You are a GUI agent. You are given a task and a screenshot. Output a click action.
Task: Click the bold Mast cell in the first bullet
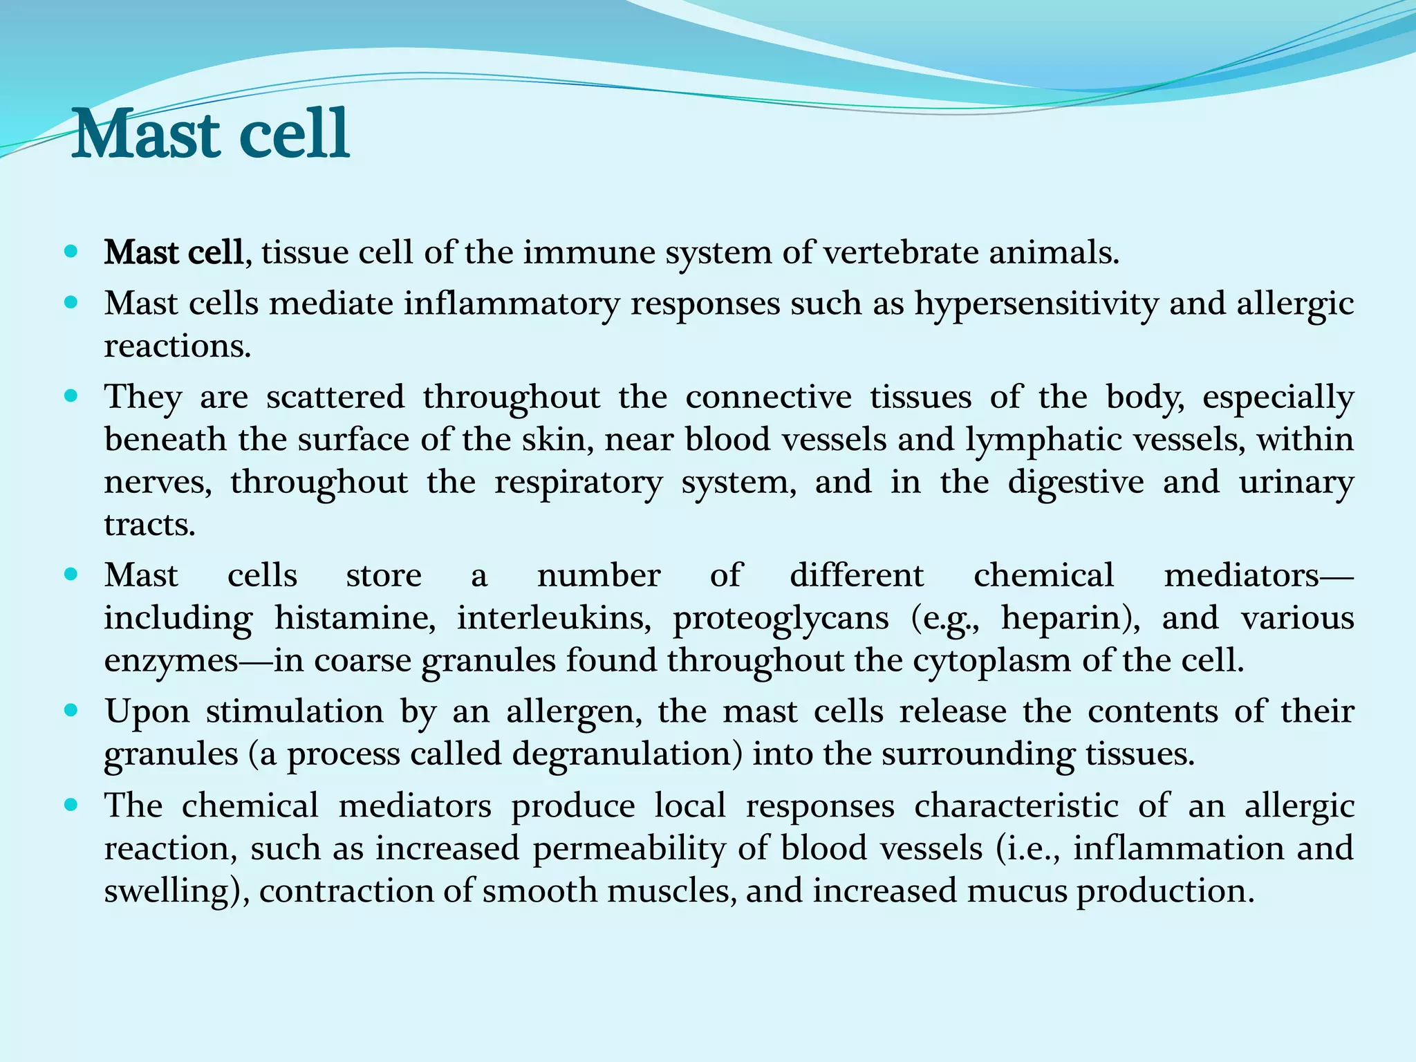(x=173, y=252)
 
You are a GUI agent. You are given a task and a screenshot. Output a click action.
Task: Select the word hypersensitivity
(x=1036, y=304)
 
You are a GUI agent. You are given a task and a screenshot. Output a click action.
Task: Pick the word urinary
(x=1296, y=483)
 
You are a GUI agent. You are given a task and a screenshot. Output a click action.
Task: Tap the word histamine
(x=355, y=618)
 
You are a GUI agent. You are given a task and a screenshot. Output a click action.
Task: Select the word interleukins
(x=554, y=618)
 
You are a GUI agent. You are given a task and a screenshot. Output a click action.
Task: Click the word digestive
(x=1075, y=483)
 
